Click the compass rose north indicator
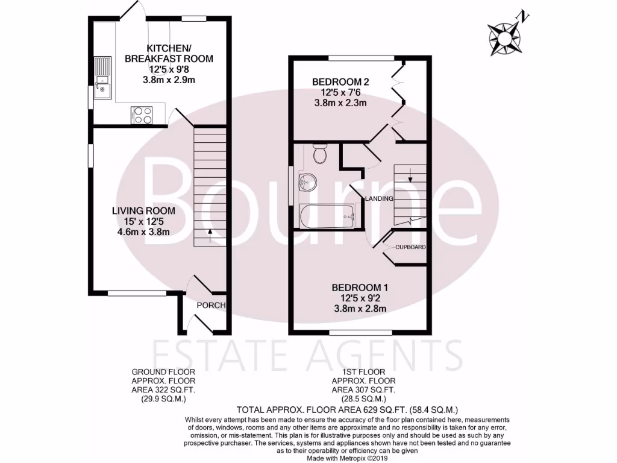505,35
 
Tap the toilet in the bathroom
319,156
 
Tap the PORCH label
211,306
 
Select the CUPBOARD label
411,247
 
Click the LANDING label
378,198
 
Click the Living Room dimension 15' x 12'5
143,221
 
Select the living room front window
137,294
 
